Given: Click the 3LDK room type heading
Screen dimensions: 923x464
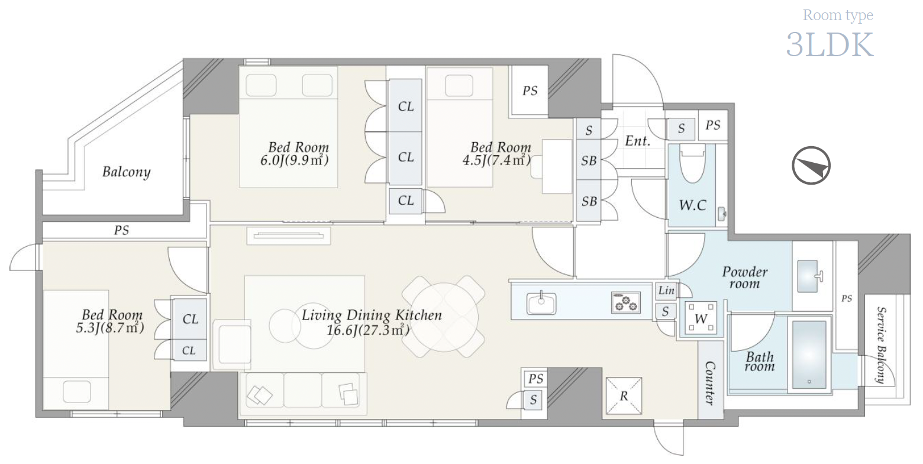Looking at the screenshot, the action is pyautogui.click(x=830, y=45).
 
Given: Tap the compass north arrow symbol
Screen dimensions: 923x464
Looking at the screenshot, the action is pyautogui.click(x=811, y=165).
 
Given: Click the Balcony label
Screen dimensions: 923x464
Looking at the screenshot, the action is pyautogui.click(x=126, y=172).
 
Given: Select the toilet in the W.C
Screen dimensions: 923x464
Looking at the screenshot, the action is pyautogui.click(x=692, y=163).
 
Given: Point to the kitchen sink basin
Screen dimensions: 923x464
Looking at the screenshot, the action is pyautogui.click(x=541, y=303).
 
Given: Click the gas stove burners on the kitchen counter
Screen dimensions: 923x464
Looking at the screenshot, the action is pyautogui.click(x=625, y=302).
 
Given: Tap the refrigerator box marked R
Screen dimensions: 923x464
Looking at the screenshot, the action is pyautogui.click(x=624, y=396).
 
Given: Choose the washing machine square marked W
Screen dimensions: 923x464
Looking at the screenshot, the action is pyautogui.click(x=701, y=318).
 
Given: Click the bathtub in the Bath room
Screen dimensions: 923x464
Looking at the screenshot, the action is pyautogui.click(x=809, y=355).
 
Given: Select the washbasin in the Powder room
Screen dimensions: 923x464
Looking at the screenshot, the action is pyautogui.click(x=808, y=276).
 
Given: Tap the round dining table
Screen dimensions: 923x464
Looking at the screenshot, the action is pyautogui.click(x=444, y=317).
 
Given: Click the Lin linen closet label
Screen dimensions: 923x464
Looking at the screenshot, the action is pyautogui.click(x=666, y=291).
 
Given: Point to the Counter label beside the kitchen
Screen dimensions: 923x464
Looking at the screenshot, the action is pyautogui.click(x=711, y=384).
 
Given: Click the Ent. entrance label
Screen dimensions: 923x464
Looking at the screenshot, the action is pyautogui.click(x=637, y=141).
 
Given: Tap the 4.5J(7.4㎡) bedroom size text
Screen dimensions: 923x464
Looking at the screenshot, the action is pyautogui.click(x=496, y=160).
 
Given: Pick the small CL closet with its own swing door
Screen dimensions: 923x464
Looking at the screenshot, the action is pyautogui.click(x=405, y=201).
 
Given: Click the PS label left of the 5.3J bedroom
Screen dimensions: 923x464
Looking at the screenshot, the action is pyautogui.click(x=121, y=230).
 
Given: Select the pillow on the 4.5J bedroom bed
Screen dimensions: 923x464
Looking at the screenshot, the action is pyautogui.click(x=459, y=86).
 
